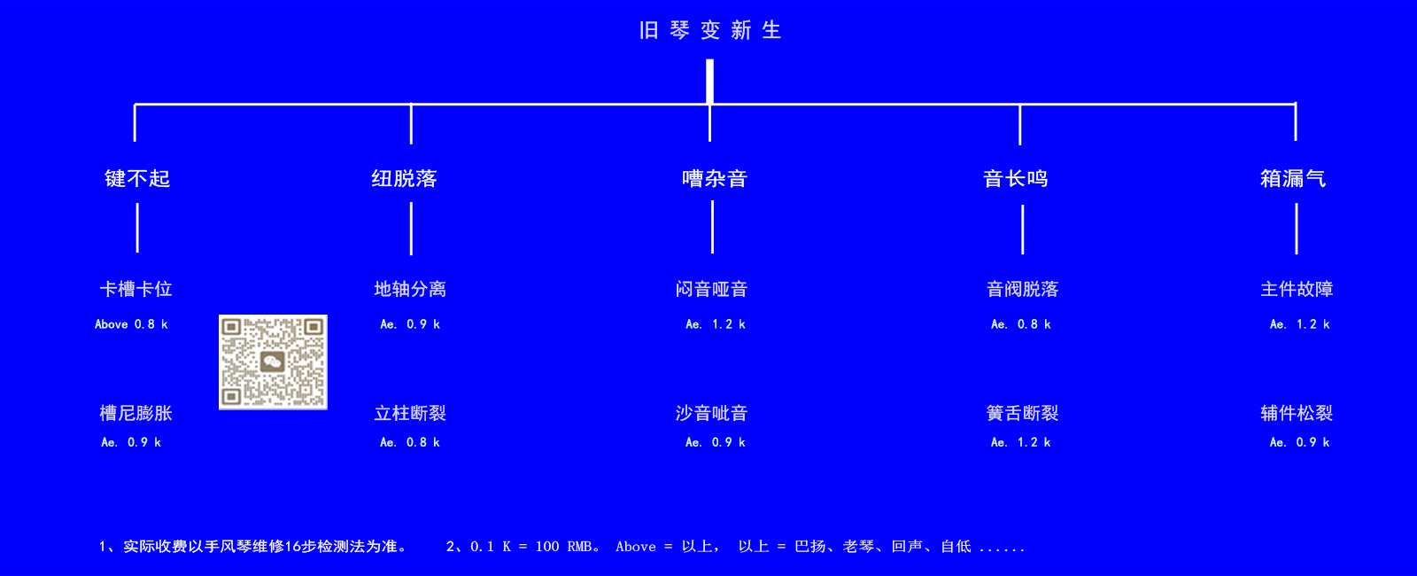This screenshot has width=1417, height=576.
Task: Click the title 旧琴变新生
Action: tap(710, 30)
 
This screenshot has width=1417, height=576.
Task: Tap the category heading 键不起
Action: tap(137, 178)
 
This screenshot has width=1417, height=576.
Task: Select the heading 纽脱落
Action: tap(404, 178)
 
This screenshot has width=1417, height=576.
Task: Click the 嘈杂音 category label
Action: tap(714, 178)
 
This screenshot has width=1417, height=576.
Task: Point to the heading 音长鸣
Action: tap(1015, 178)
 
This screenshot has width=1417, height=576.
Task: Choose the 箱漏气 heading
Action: tap(1293, 178)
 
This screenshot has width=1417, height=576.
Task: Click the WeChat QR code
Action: tap(274, 362)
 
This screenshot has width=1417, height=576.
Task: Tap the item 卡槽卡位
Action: tap(136, 289)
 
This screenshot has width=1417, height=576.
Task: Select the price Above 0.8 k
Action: tap(131, 324)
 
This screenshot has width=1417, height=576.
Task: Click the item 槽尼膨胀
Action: tap(136, 413)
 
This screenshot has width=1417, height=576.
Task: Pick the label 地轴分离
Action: tap(410, 289)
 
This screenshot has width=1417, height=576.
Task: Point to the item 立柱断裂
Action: tap(410, 413)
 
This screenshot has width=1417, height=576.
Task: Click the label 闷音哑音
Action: tap(712, 289)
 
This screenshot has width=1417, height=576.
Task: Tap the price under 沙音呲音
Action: tap(716, 442)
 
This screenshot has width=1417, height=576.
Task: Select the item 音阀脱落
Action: tap(1022, 289)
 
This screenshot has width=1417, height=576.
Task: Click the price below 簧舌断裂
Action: tap(1020, 442)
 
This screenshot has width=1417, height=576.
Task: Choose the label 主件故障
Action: tap(1297, 289)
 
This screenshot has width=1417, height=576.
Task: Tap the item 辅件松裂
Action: tap(1297, 413)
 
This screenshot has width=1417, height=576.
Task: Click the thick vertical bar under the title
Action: tap(709, 81)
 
